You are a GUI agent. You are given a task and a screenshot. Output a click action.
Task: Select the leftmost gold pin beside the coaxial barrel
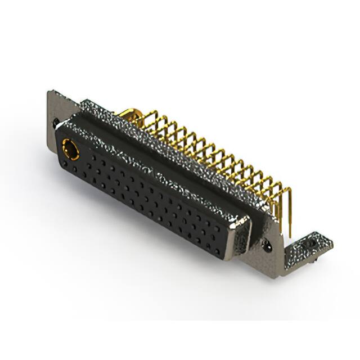click(x=141, y=119)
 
